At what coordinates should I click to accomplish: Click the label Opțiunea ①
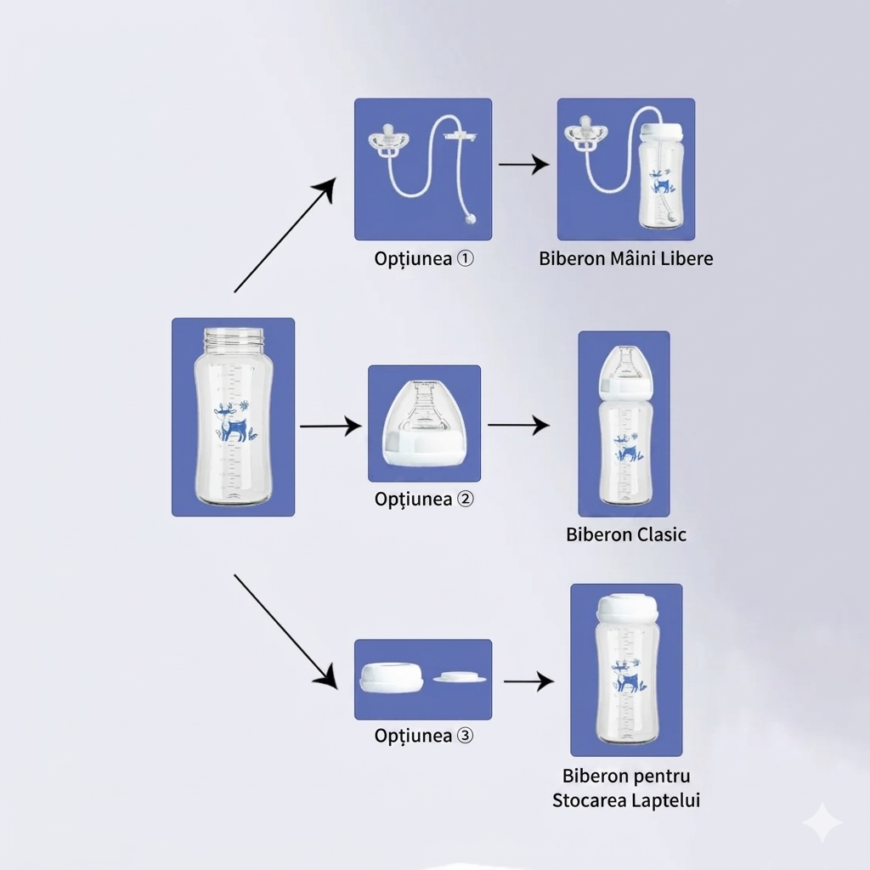(x=424, y=258)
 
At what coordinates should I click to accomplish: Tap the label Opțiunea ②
(x=424, y=499)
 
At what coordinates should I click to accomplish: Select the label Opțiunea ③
(x=424, y=736)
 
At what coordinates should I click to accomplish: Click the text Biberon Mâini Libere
(x=626, y=258)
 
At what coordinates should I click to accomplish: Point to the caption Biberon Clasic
(x=626, y=534)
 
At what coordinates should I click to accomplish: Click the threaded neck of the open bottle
(x=234, y=340)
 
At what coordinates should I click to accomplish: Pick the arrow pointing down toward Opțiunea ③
(x=285, y=632)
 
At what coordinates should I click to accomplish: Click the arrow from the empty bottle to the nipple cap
(x=330, y=427)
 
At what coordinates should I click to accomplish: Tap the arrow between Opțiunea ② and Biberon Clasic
(x=519, y=426)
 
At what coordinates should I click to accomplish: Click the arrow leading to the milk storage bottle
(x=528, y=681)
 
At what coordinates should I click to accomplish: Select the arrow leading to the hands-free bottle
(x=523, y=164)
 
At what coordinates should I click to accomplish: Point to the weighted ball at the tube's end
(x=471, y=218)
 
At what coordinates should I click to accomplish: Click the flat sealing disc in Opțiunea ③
(x=460, y=677)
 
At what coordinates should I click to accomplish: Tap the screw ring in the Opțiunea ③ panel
(x=391, y=677)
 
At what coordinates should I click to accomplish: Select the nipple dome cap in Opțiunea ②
(x=425, y=423)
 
